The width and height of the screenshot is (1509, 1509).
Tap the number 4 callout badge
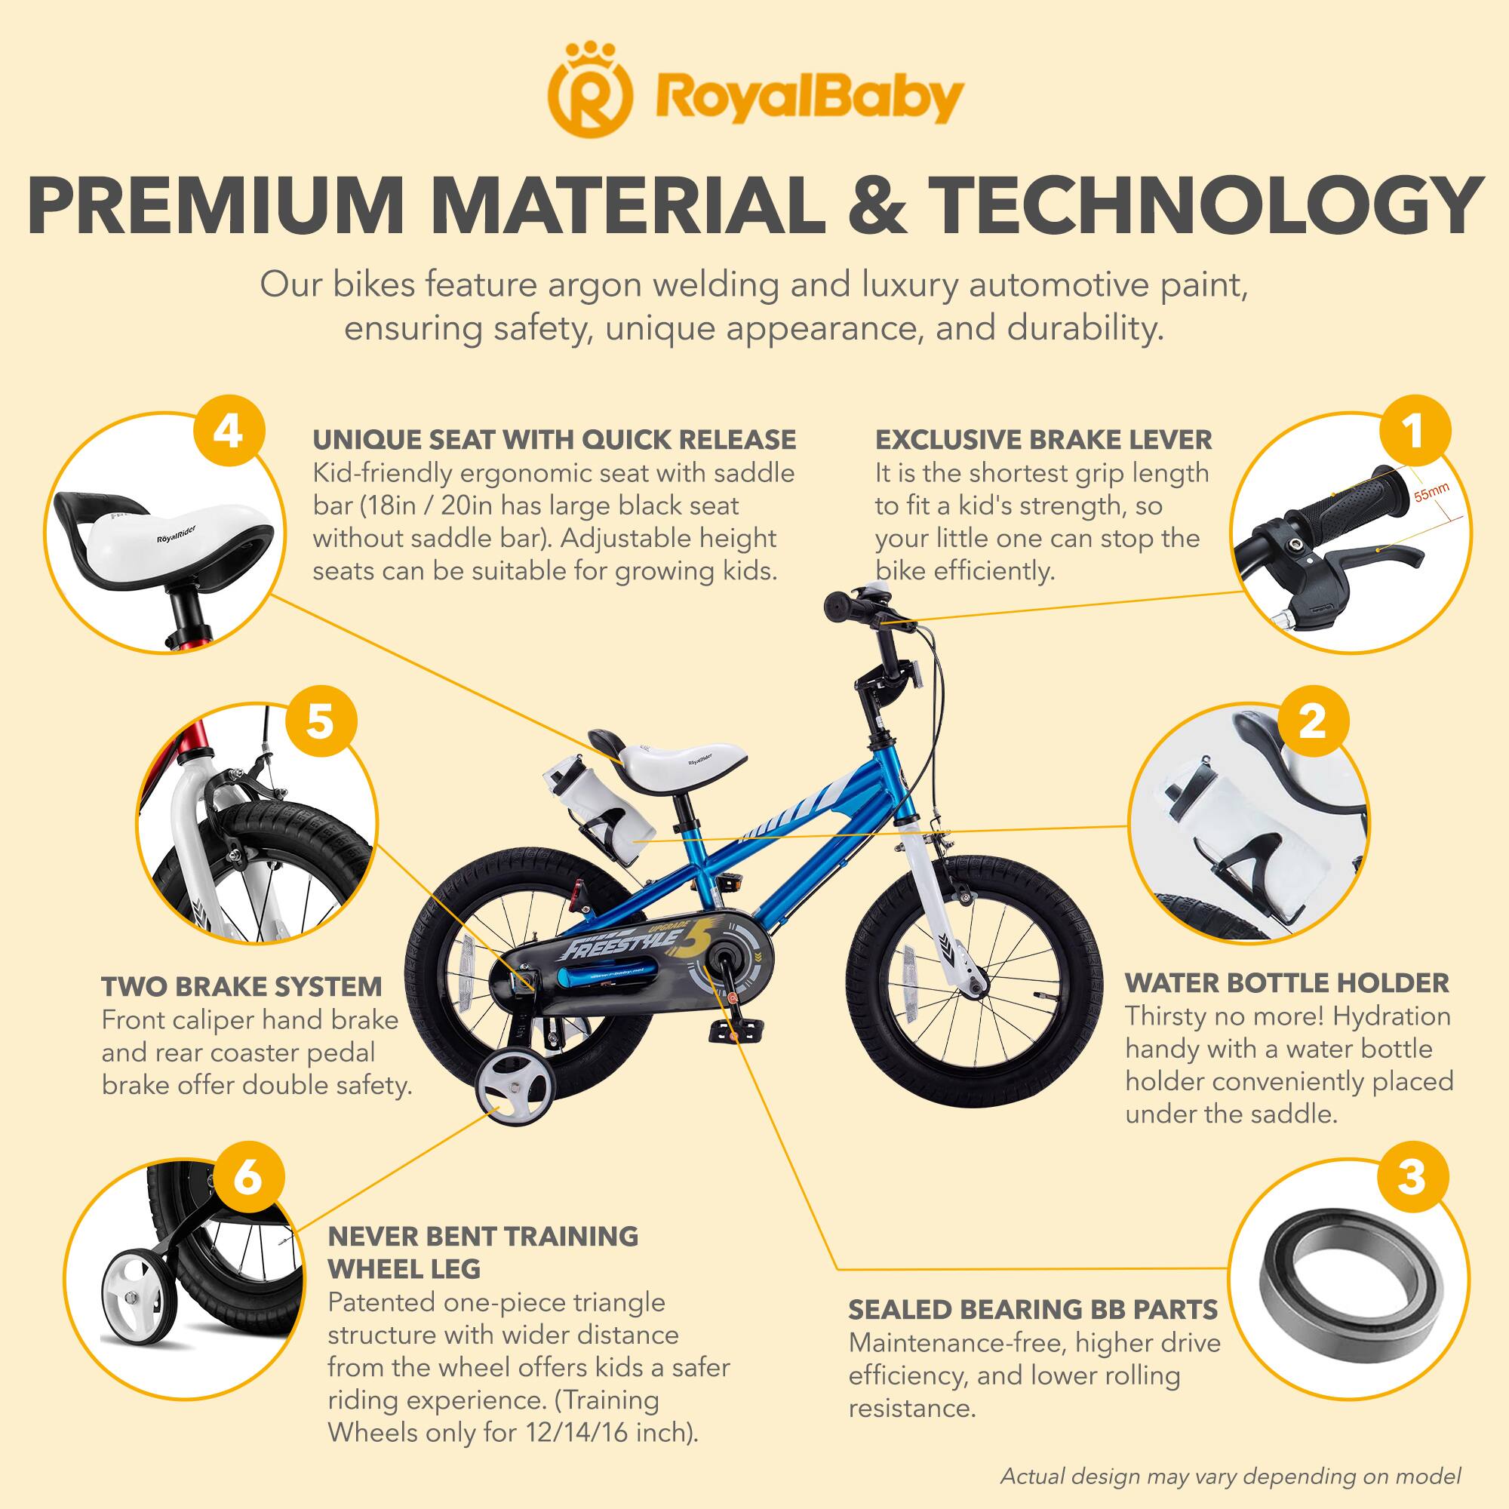228,432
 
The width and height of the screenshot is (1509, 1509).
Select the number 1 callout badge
1414,432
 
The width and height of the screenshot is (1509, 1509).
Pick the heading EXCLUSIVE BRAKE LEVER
1043,440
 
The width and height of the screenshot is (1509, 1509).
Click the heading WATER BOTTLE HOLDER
1286,983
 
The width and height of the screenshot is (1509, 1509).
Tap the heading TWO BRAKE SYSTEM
242,986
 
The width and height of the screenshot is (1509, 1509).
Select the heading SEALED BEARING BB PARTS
1034,1310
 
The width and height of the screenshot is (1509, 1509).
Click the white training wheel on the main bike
512,1087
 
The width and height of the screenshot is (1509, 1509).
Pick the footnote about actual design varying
1230,1477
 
